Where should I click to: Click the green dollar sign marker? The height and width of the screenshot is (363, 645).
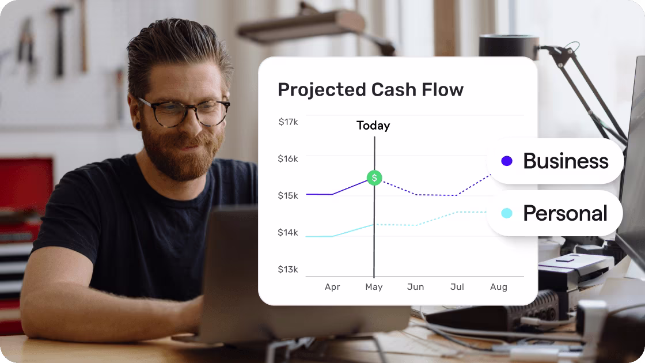[x=374, y=177]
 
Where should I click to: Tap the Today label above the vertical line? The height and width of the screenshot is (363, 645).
[x=373, y=126]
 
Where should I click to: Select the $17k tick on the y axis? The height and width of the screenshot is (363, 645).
[x=288, y=122]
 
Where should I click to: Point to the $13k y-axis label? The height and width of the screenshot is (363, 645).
[x=288, y=270]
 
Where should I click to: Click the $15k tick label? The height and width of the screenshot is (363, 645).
[x=288, y=196]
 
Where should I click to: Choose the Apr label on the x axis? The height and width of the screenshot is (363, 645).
[x=332, y=287]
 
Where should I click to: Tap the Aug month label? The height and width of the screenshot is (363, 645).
[x=498, y=287]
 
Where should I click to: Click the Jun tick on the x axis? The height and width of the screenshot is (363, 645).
[x=415, y=287]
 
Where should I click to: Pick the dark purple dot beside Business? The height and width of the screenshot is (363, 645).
[x=507, y=161]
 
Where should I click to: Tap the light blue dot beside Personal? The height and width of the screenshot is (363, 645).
[x=507, y=213]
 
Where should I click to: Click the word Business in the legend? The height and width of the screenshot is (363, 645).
[x=566, y=161]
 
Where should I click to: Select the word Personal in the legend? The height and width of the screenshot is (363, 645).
[x=565, y=213]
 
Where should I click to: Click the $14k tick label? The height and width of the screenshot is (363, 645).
[x=288, y=233]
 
